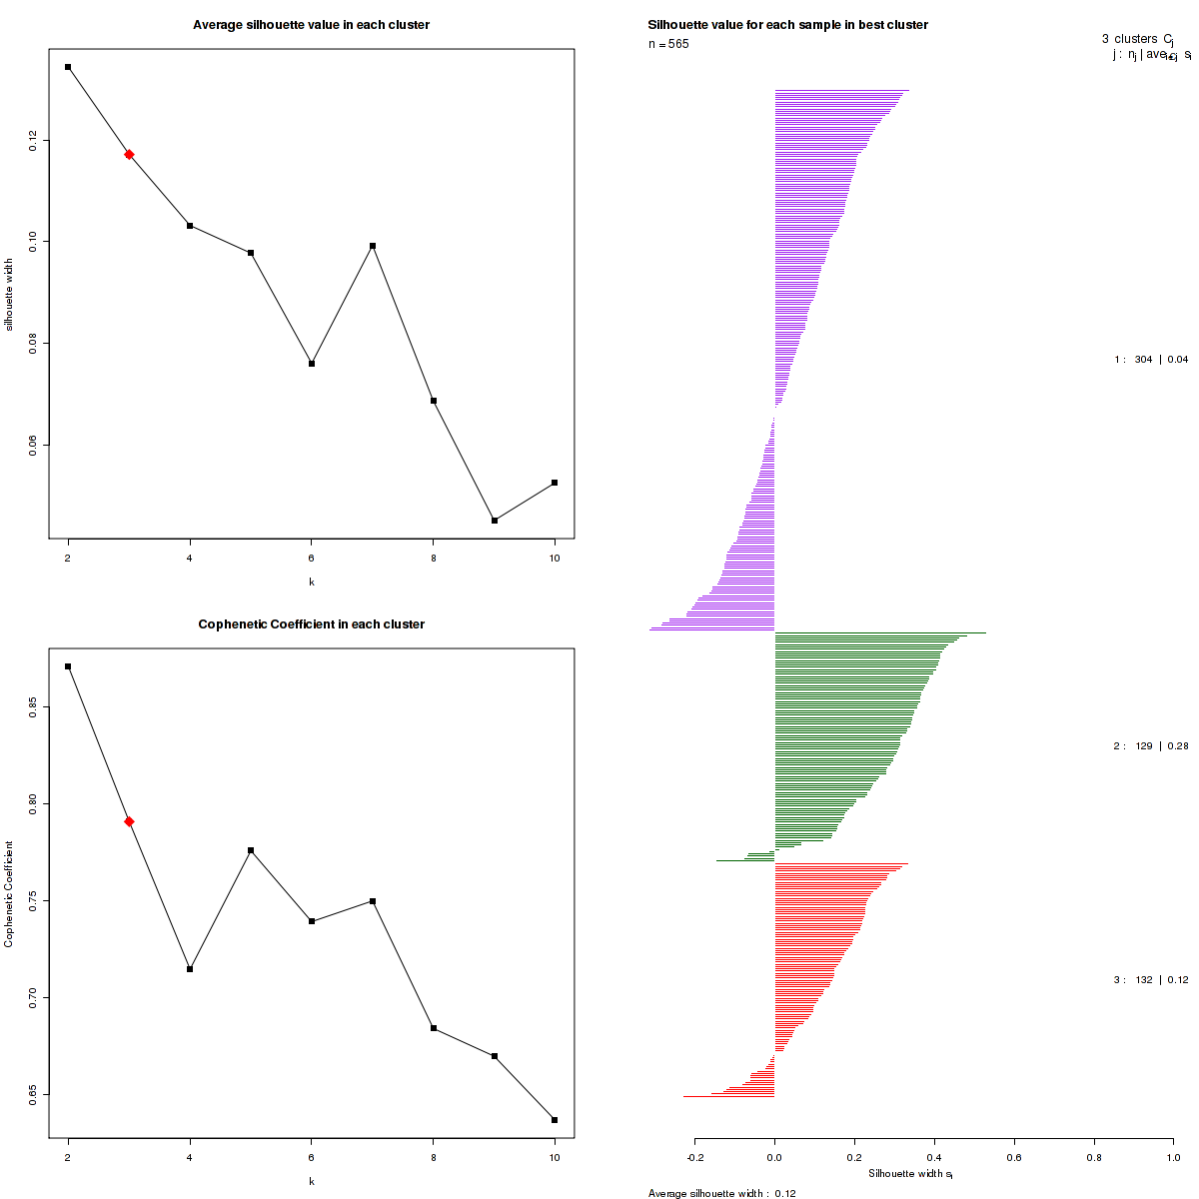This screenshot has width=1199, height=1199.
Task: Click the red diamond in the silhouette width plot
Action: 129,154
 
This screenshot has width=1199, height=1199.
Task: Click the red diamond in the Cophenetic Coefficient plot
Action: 129,821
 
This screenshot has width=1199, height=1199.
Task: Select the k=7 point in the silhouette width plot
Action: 373,246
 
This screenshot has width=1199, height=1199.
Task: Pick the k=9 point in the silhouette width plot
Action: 495,521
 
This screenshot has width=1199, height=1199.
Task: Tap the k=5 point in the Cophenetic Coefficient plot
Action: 251,850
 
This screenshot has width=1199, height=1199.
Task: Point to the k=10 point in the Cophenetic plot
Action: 555,1120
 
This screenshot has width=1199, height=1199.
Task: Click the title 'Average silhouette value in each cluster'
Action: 311,25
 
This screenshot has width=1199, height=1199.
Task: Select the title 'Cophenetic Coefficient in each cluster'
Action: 311,624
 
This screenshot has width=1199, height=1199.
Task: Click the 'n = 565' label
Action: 668,44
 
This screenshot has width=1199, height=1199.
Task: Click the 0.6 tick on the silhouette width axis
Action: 1014,1157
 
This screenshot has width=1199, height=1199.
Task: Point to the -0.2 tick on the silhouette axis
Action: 694,1157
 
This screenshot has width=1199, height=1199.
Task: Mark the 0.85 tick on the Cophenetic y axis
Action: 33,708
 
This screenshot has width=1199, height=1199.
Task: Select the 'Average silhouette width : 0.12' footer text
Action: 721,1193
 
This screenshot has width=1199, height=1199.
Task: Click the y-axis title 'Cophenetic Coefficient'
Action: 9,894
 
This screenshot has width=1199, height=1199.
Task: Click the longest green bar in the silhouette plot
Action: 879,632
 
